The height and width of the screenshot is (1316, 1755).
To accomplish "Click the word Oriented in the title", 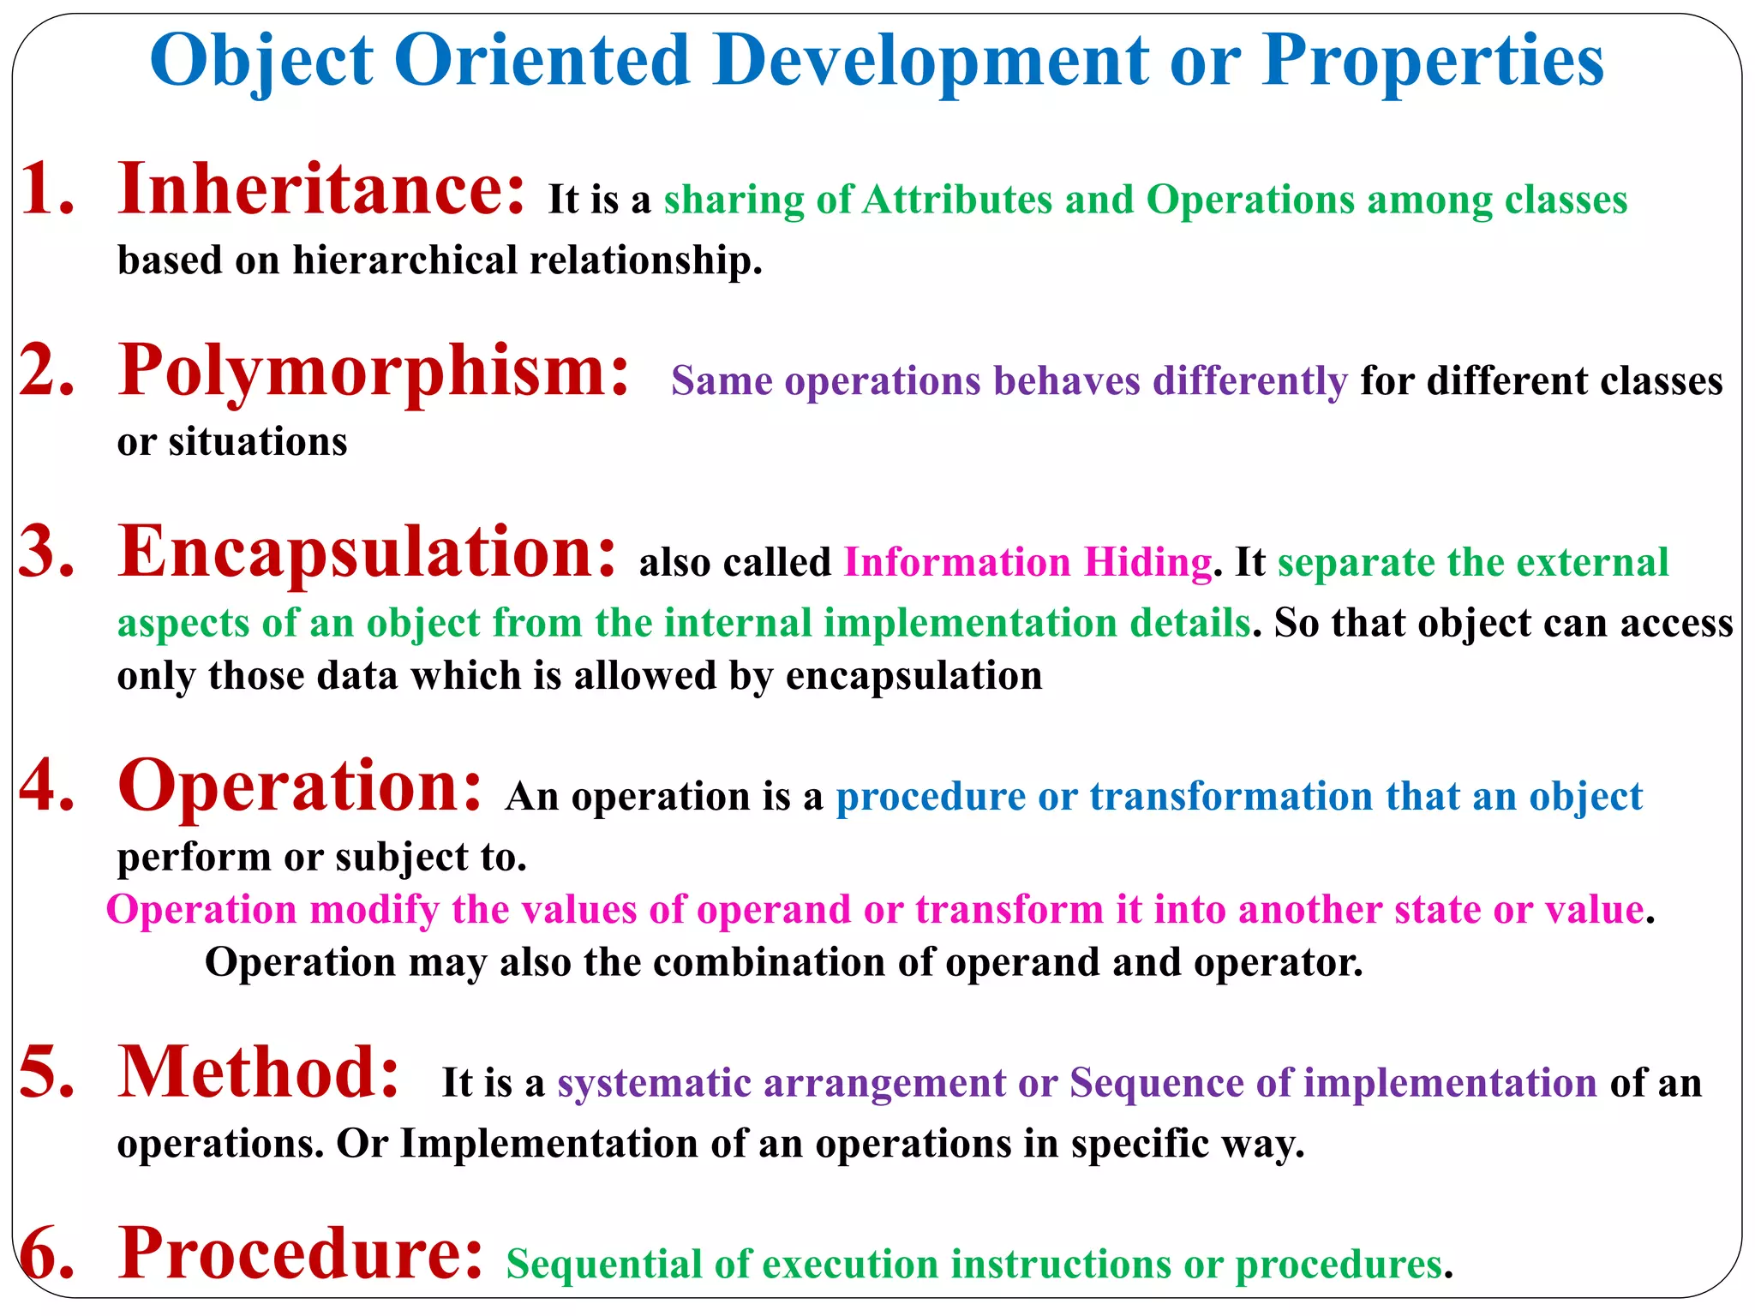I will pos(542,60).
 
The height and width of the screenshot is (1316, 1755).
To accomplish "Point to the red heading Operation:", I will pos(300,786).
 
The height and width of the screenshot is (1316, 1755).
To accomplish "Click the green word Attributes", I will pos(957,200).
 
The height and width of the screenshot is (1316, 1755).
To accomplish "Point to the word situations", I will pos(257,442).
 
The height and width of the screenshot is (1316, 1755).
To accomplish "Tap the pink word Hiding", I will pos(1147,563).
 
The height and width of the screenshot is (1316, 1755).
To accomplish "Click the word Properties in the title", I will pos(1433,60).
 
